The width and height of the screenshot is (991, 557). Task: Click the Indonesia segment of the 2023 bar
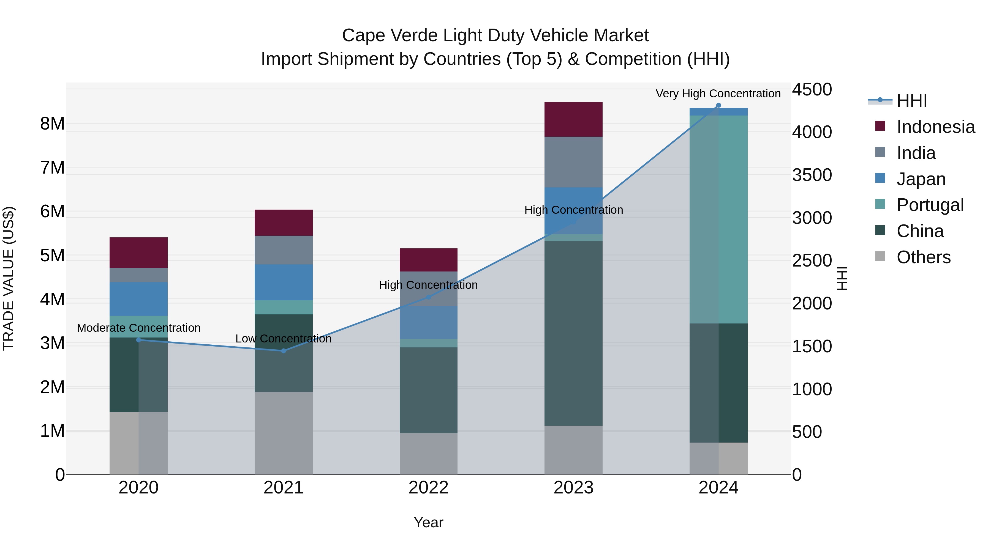pos(573,119)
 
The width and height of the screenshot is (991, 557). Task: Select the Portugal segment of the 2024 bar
pos(718,219)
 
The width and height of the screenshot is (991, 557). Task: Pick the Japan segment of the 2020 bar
pos(138,299)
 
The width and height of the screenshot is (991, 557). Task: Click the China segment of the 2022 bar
pos(428,390)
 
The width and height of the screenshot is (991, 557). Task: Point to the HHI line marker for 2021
pos(284,351)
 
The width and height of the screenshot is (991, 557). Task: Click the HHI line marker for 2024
pos(718,105)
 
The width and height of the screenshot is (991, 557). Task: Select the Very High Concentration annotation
pos(718,94)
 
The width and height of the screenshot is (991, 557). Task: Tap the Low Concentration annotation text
pos(283,339)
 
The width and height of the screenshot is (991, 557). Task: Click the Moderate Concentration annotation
pos(138,328)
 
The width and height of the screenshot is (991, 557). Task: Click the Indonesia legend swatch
pos(880,126)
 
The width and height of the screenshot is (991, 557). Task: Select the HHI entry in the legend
pos(911,101)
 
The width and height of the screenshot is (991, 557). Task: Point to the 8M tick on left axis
pos(52,124)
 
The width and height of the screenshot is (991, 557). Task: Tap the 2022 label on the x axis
pos(428,488)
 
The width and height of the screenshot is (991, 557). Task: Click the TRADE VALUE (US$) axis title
pos(9,278)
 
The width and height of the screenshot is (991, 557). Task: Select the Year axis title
pos(428,522)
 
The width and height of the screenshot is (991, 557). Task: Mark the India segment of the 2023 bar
pos(573,162)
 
